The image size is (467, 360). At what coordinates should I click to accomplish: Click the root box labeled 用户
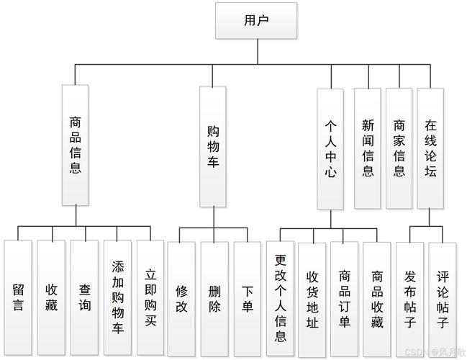[x=246, y=20]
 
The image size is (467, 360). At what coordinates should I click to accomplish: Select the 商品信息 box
[x=75, y=146]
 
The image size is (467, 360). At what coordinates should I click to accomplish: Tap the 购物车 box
[x=213, y=146]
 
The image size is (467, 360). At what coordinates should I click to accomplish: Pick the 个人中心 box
[x=330, y=148]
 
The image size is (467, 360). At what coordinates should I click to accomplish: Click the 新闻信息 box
[x=368, y=148]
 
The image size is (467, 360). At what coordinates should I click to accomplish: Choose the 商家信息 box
[x=399, y=148]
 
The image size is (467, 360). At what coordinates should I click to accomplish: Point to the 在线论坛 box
[x=431, y=148]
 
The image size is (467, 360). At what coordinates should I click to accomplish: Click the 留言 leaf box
[x=18, y=297]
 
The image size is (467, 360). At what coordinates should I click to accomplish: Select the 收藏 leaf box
[x=51, y=297]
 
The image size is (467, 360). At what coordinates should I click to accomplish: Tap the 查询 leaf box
[x=84, y=297]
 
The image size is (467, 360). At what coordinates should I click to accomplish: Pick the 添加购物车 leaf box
[x=117, y=297]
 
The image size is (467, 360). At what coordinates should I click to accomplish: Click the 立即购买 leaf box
[x=150, y=297]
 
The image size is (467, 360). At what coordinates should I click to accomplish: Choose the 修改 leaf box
[x=181, y=297]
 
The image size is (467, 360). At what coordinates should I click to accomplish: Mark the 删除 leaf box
[x=214, y=297]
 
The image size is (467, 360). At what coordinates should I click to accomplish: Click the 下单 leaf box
[x=247, y=297]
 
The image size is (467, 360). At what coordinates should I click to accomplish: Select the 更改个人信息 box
[x=281, y=297]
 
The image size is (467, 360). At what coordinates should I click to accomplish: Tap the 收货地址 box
[x=312, y=297]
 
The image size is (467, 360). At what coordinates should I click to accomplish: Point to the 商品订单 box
[x=344, y=297]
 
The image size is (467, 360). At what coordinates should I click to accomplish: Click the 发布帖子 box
[x=409, y=297]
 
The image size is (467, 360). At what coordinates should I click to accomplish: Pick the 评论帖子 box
[x=442, y=297]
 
